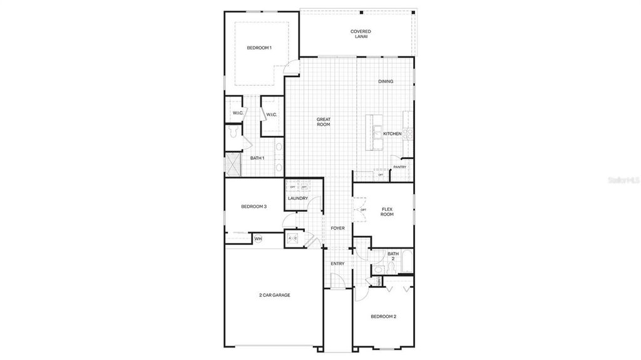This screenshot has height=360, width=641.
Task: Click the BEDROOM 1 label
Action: [259, 48]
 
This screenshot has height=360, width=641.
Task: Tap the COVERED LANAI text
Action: [361, 34]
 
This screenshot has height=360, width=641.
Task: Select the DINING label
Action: [386, 82]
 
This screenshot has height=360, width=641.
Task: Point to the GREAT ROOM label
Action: [323, 121]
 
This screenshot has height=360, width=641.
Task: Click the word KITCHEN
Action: [392, 134]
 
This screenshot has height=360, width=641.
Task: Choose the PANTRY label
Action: [399, 167]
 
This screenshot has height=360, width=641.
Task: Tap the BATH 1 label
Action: [257, 158]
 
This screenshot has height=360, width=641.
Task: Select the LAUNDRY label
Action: [298, 198]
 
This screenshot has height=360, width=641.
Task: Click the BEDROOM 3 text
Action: [254, 207]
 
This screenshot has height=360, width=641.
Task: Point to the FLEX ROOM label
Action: [387, 212]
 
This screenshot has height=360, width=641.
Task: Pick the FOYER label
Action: [338, 229]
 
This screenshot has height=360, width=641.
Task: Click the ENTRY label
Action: [337, 264]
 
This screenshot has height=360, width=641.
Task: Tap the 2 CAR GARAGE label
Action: [275, 295]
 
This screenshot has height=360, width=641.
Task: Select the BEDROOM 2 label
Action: [383, 317]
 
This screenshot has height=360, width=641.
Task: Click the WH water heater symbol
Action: [258, 239]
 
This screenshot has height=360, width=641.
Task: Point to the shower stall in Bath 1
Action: [233, 164]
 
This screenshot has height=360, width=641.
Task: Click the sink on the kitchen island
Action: [378, 132]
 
